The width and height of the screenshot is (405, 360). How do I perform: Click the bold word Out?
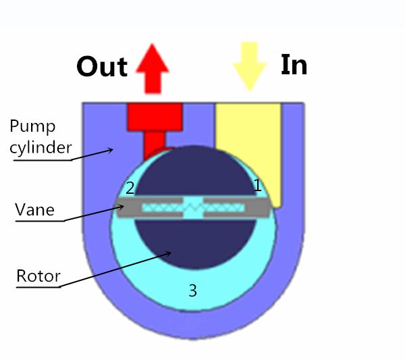102,67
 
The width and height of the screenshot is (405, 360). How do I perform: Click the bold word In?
294,65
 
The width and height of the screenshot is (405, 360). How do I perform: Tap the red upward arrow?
153,68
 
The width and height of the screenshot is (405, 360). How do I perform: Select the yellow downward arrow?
250,66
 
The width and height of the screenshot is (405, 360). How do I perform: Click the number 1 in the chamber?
257,185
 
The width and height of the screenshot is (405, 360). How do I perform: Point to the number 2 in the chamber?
130,188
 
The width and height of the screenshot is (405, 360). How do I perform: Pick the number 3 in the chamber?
192,290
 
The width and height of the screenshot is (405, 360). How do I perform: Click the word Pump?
32,127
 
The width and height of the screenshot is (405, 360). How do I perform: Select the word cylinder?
40,147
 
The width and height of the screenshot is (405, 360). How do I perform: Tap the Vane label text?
34,209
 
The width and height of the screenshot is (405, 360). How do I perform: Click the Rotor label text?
38,276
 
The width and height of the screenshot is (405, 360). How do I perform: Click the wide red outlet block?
155,117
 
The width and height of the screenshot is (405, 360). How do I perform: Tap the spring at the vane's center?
193,207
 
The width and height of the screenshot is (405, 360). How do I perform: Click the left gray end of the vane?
129,207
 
